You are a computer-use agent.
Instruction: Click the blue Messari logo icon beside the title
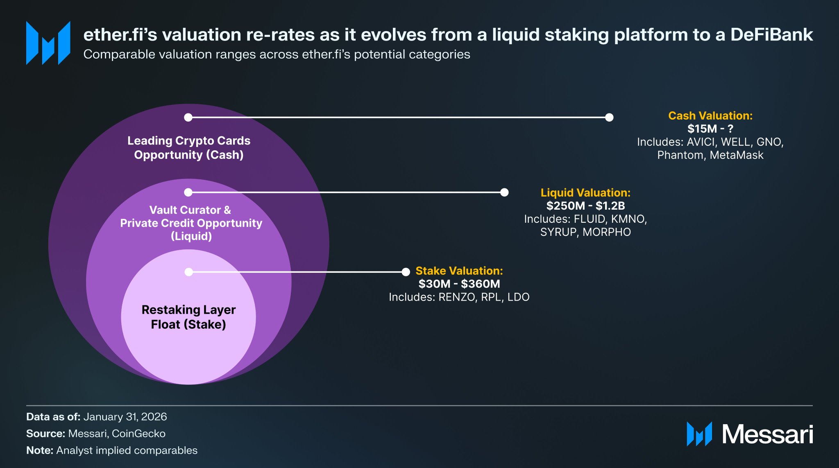click(48, 43)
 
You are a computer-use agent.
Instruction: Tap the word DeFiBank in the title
click(771, 35)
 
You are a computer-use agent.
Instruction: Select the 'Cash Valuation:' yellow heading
click(710, 116)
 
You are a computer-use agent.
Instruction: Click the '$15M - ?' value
click(710, 129)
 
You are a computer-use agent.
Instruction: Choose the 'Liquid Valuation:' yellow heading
click(585, 193)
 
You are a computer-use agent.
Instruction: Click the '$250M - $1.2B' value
click(585, 206)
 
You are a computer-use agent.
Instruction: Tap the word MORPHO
click(607, 232)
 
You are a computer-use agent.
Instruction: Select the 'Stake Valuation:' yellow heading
click(459, 271)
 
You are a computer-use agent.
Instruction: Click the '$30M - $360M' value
click(459, 284)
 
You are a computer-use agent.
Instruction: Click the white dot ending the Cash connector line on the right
click(609, 118)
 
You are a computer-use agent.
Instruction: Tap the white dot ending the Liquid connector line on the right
click(504, 192)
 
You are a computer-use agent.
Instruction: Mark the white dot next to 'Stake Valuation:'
click(406, 272)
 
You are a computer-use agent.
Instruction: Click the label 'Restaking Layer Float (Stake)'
click(188, 317)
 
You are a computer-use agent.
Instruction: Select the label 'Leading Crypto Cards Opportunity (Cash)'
click(188, 148)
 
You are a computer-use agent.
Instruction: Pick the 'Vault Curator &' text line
click(190, 210)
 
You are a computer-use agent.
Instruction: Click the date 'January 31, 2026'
click(125, 417)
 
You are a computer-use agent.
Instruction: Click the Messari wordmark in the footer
click(767, 434)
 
